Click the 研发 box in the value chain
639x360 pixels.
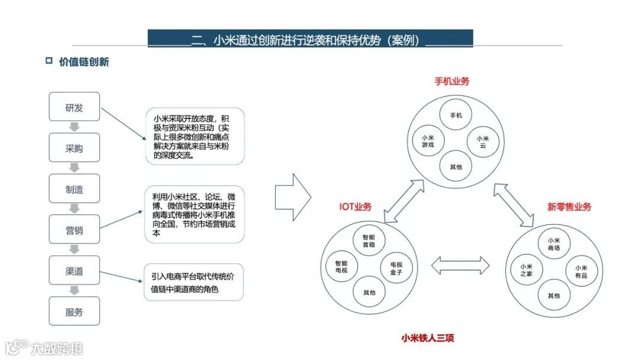tap(74, 107)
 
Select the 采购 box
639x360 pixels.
tap(74, 148)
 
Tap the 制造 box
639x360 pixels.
tap(74, 189)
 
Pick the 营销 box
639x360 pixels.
tap(74, 230)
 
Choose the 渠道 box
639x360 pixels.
tap(74, 271)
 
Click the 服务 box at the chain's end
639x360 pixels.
tap(74, 311)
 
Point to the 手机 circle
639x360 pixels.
tap(456, 115)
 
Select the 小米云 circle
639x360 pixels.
tap(483, 142)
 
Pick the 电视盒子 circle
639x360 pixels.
tap(396, 268)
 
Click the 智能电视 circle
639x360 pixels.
tap(341, 267)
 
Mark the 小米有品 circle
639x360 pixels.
tap(580, 271)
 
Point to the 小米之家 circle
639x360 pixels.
tap(527, 270)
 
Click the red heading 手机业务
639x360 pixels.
tap(452, 82)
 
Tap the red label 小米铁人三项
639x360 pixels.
tap(428, 338)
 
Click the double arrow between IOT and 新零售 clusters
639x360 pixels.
tap(460, 265)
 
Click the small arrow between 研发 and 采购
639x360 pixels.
tap(75, 127)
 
